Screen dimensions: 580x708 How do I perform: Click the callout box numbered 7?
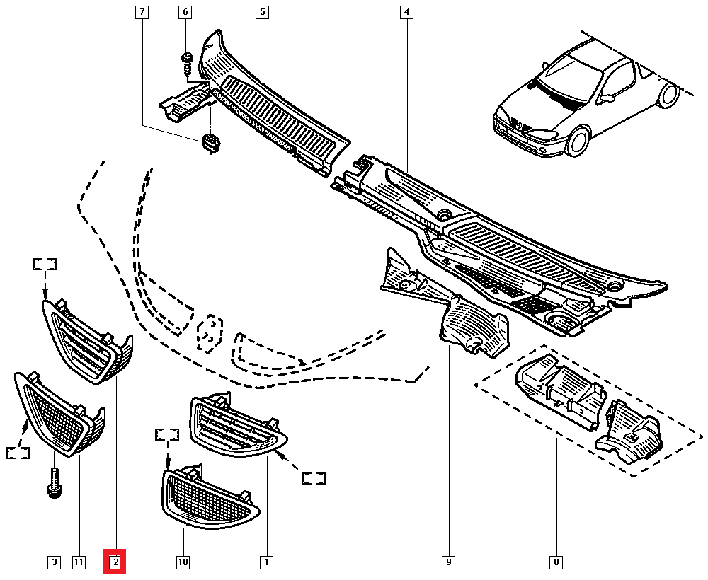[142, 12]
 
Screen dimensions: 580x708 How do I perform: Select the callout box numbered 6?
[185, 12]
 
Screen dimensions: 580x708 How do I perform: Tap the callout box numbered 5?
[262, 12]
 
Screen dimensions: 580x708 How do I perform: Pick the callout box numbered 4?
[406, 12]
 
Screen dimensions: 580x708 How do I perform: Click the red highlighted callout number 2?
[115, 562]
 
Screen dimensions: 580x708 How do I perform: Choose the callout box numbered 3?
[54, 562]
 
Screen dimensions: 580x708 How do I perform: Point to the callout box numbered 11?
[78, 562]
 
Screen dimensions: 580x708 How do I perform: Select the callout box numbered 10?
[183, 562]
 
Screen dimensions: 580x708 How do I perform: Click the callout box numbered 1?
[266, 562]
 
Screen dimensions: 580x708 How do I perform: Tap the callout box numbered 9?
[448, 562]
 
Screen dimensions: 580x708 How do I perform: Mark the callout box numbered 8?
[556, 562]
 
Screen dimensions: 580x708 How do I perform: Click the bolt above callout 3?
[55, 487]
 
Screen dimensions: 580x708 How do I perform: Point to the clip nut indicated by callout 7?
[210, 143]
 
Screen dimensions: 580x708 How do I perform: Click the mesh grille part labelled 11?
[57, 414]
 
